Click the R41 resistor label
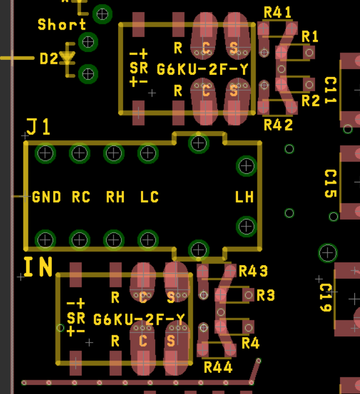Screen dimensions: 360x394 [x=277, y=13]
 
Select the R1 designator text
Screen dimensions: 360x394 [x=310, y=36]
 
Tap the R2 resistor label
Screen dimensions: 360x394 [x=310, y=101]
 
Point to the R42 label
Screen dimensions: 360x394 [x=278, y=125]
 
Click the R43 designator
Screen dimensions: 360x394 [x=253, y=271]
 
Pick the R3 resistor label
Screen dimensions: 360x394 [x=266, y=295]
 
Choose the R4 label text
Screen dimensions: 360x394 [x=250, y=343]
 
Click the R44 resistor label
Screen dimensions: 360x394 [x=218, y=367]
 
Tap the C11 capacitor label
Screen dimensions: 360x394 [x=330, y=90]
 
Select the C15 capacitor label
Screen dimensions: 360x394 [x=330, y=184]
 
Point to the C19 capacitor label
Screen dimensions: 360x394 [x=326, y=298]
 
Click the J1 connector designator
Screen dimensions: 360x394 [x=38, y=127]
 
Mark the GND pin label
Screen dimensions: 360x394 [x=47, y=197]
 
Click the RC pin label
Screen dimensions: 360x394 [x=81, y=197]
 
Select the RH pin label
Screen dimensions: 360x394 [x=115, y=197]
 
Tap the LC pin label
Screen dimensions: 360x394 [x=149, y=197]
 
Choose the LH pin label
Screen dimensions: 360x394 [x=244, y=197]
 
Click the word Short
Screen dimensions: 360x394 [x=62, y=25]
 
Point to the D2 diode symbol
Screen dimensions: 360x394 [x=67, y=59]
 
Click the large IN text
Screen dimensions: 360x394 [x=38, y=267]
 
